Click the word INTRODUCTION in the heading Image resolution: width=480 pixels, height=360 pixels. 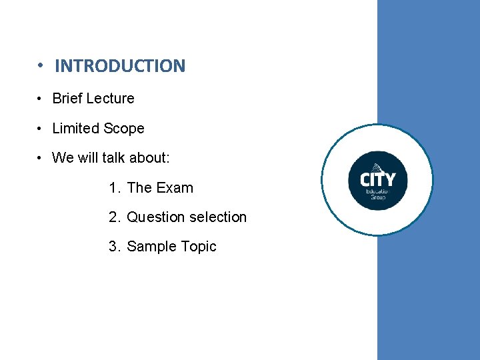[x=120, y=66]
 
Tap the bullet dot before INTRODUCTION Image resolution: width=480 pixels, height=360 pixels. [x=41, y=66]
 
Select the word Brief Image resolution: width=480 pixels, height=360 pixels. [x=67, y=99]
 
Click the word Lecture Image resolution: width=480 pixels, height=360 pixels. [x=110, y=99]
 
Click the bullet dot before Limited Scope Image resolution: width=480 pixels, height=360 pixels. [x=41, y=129]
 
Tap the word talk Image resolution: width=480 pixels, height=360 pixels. [x=111, y=158]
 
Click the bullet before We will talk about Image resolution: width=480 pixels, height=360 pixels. [x=41, y=159]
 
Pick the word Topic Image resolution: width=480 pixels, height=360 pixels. [x=199, y=247]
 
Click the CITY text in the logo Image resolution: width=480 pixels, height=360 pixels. [x=377, y=179]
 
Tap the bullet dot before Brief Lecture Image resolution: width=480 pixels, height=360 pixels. [x=41, y=99]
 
